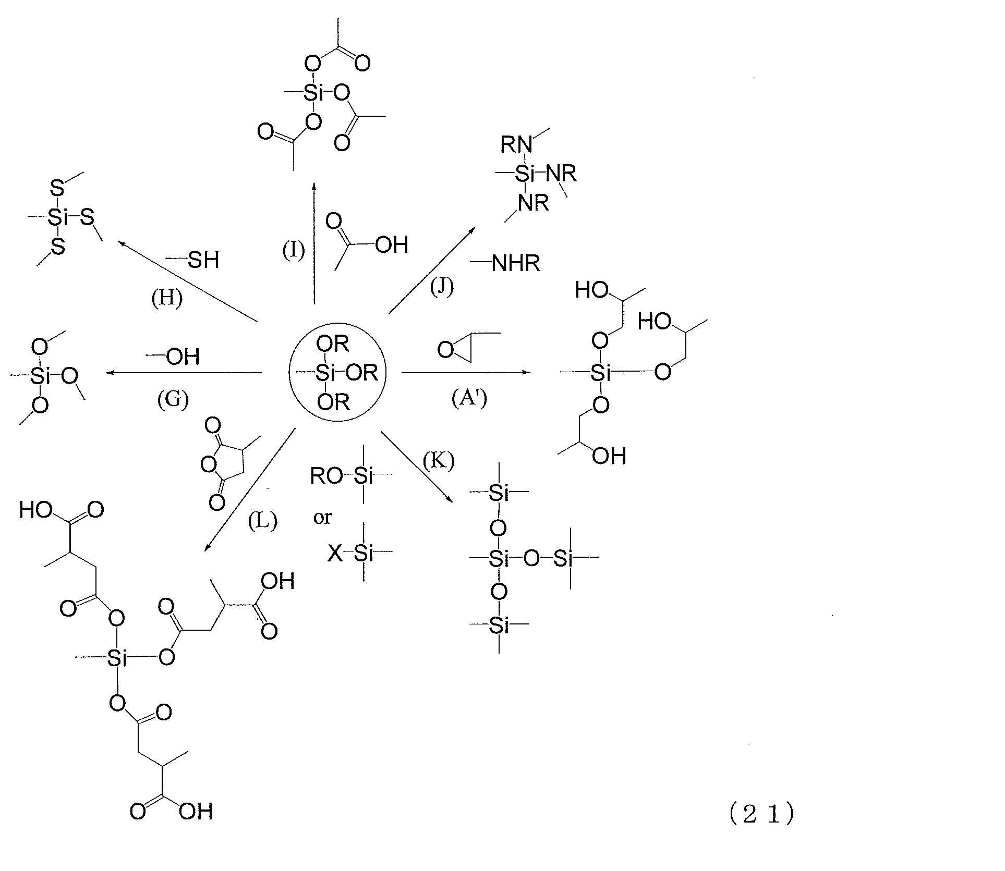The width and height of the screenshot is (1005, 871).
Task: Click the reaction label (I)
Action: pos(293,251)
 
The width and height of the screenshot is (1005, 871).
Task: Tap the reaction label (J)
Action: pos(442,287)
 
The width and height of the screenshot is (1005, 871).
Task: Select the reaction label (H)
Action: pos(167,299)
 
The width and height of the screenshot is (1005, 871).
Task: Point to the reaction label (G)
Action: pos(173,399)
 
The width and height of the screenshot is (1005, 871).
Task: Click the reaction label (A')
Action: pos(469,399)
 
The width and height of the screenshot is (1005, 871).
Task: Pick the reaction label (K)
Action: pos(439,461)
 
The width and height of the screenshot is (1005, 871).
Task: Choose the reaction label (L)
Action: pos(262,521)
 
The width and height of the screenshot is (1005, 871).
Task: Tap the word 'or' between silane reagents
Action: pos(322,518)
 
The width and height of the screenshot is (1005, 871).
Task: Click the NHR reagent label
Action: pos(515,264)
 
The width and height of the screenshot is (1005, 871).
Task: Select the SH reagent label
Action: pos(203,260)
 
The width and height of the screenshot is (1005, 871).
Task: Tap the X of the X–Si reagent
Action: pos(335,554)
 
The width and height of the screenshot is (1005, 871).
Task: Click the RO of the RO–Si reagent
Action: pos(326,476)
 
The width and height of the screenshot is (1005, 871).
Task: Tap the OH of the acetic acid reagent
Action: pos(391,244)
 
